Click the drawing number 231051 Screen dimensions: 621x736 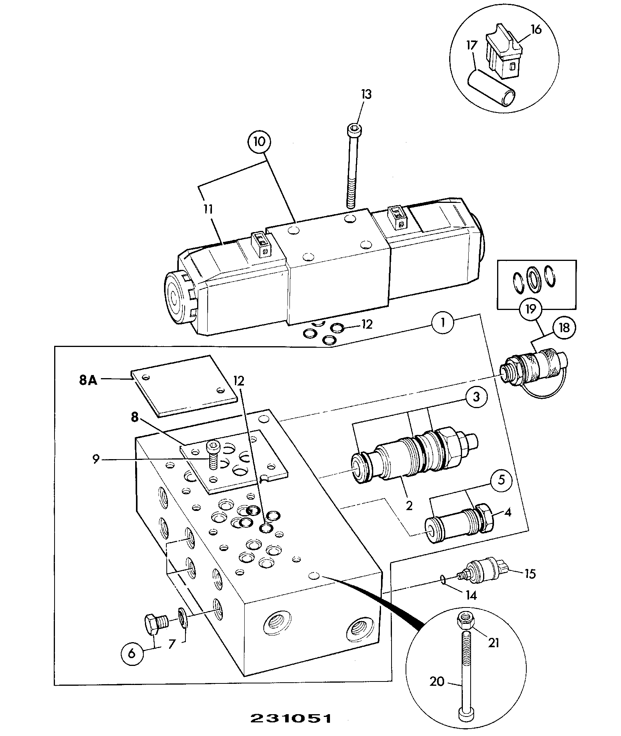[291, 718]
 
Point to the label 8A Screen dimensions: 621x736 [88, 380]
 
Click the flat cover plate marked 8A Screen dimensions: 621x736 [184, 385]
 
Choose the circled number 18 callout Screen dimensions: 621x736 [563, 328]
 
